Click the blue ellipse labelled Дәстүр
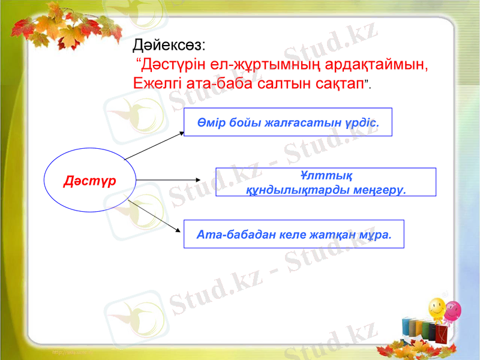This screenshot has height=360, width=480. click(90, 180)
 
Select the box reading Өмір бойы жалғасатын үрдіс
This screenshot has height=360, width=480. click(287, 122)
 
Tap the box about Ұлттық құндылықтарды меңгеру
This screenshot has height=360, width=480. click(325, 182)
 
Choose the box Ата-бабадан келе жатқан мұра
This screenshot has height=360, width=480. click(293, 234)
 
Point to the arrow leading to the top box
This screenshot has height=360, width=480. click(154, 146)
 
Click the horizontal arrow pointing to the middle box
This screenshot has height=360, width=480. click(168, 179)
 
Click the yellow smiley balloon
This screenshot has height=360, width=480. click(436, 310)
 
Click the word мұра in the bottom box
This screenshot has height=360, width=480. click(376, 234)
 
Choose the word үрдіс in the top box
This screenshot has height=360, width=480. click(362, 122)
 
